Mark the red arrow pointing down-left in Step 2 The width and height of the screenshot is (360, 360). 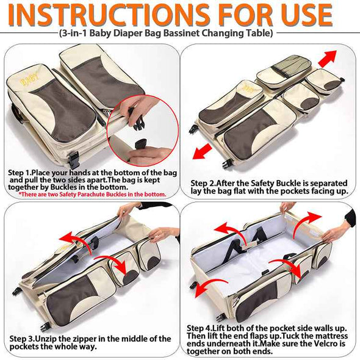coord(202,151)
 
